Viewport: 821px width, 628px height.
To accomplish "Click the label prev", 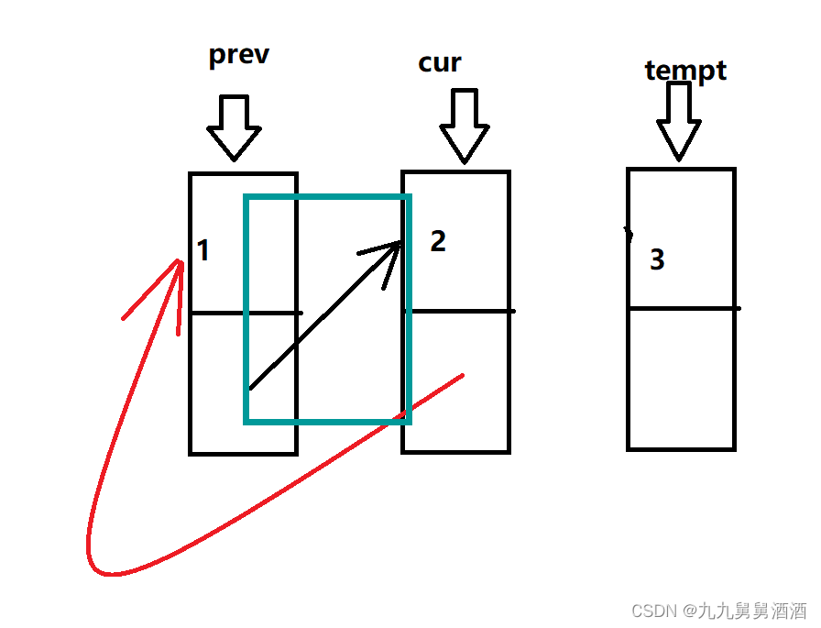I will pyautogui.click(x=238, y=55).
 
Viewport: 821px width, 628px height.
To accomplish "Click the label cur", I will pyautogui.click(x=440, y=62).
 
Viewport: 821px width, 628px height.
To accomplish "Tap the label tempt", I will pyautogui.click(x=685, y=71).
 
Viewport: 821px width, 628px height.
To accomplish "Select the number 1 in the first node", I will pyautogui.click(x=203, y=250).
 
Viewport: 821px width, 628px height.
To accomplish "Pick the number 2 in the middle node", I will pyautogui.click(x=438, y=241).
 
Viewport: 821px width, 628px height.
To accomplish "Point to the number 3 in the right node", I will pyautogui.click(x=656, y=260).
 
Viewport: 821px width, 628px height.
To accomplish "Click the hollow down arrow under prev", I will pyautogui.click(x=234, y=128).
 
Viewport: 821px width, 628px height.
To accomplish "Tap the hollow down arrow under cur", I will pyautogui.click(x=465, y=127).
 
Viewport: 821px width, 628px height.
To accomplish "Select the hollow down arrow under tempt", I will pyautogui.click(x=679, y=121).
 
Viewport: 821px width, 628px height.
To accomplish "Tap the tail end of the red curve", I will pyautogui.click(x=461, y=375).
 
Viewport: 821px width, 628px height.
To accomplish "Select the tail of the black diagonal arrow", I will pyautogui.click(x=252, y=387).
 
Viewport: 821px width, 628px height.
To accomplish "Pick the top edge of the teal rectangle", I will pyautogui.click(x=327, y=196).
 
